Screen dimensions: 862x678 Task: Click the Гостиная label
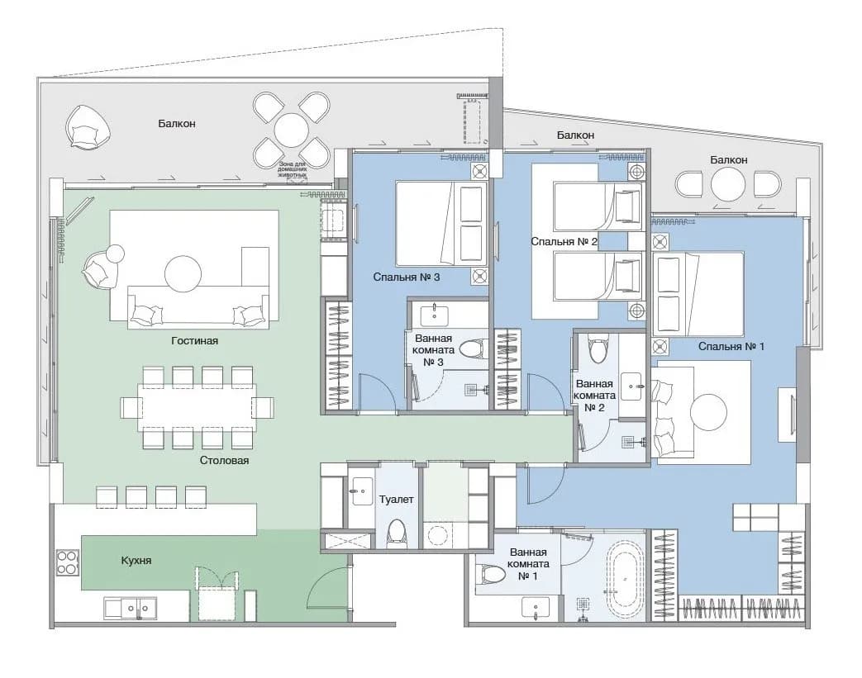pyautogui.click(x=194, y=340)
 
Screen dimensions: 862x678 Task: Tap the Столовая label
pyautogui.click(x=224, y=461)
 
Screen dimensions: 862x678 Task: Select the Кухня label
pyautogui.click(x=136, y=561)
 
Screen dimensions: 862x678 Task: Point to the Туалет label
pyautogui.click(x=397, y=500)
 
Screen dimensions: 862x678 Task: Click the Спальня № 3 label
pyautogui.click(x=407, y=277)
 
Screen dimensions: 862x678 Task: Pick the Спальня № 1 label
pyautogui.click(x=731, y=346)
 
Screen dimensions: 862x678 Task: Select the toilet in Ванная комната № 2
pyautogui.click(x=597, y=348)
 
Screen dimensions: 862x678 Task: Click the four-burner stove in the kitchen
pyautogui.click(x=68, y=562)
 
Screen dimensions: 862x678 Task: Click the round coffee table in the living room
pyautogui.click(x=183, y=273)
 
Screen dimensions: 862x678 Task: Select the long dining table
pyautogui.click(x=197, y=406)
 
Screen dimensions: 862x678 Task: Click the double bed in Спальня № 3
pyautogui.click(x=441, y=224)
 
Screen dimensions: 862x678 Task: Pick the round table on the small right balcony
pyautogui.click(x=728, y=184)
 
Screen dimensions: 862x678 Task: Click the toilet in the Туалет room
pyautogui.click(x=396, y=533)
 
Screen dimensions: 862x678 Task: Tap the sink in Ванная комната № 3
pyautogui.click(x=434, y=315)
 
